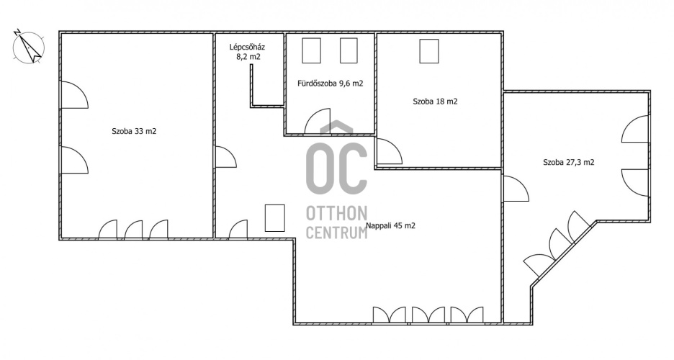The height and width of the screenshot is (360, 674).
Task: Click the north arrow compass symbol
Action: click(x=29, y=46)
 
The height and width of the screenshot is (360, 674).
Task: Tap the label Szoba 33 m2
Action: click(x=134, y=132)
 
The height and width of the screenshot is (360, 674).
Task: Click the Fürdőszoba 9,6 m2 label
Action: click(x=330, y=84)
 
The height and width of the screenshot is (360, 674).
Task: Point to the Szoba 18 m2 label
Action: click(x=435, y=102)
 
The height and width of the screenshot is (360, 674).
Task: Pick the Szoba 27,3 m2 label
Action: click(x=569, y=163)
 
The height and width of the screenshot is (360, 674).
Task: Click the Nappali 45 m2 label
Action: click(x=390, y=225)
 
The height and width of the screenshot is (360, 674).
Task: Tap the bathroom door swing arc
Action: click(x=318, y=122)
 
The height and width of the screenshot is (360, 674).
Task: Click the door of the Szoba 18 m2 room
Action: click(x=390, y=151)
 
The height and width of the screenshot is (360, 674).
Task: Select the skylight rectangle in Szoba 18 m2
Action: click(x=429, y=51)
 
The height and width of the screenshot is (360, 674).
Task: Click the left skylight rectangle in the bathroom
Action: click(x=311, y=50)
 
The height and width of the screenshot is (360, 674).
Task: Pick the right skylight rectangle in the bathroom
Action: click(x=349, y=50)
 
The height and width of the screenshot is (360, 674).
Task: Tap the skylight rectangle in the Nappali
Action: click(x=274, y=218)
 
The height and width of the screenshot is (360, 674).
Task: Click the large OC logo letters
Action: click(x=336, y=167)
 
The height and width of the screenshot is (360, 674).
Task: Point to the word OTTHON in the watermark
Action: click(x=336, y=213)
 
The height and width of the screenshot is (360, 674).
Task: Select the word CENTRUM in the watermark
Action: click(x=336, y=233)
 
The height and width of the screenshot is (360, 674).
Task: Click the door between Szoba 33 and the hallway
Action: click(x=223, y=157)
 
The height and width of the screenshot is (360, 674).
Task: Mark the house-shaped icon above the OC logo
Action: click(x=336, y=127)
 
